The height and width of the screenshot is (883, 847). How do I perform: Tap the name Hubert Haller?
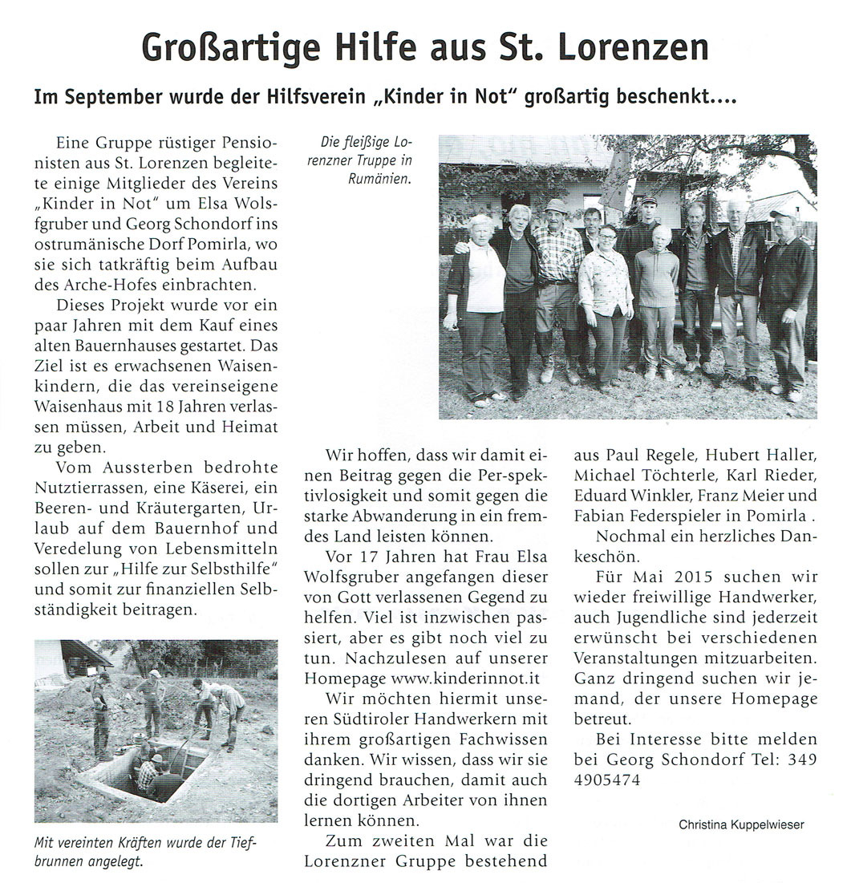(768, 457)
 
